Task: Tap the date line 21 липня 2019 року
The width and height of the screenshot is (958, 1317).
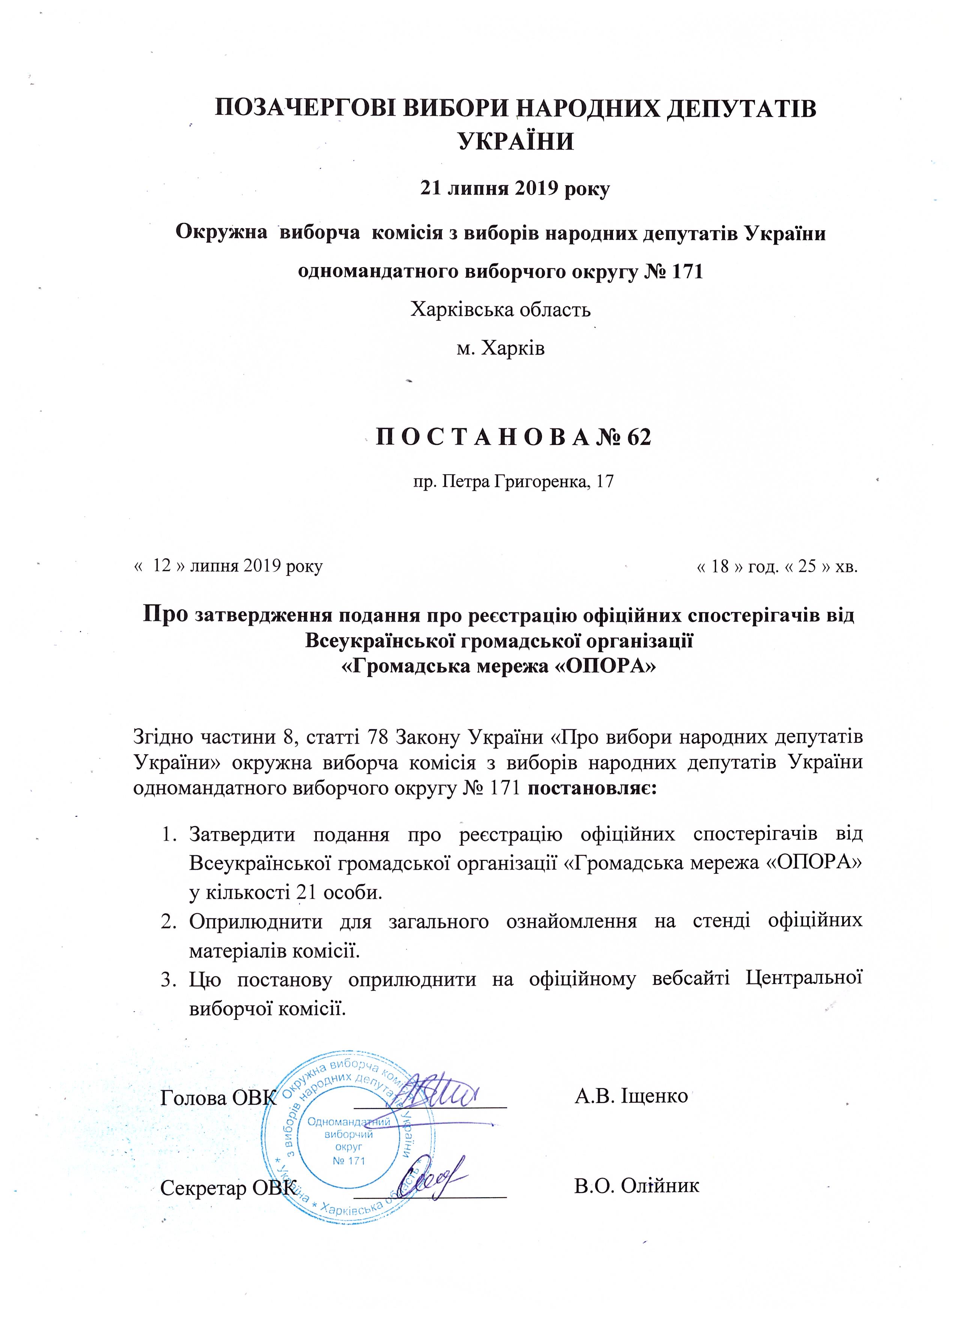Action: tap(514, 189)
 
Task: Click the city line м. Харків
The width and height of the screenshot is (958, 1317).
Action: tap(501, 349)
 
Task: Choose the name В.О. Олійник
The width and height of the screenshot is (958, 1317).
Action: tap(636, 1186)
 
